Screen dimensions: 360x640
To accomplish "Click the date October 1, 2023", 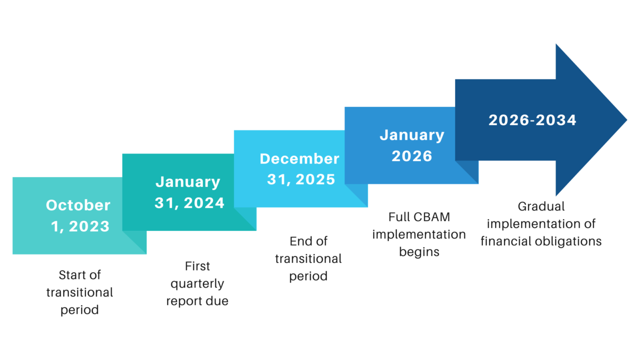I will tap(79, 215).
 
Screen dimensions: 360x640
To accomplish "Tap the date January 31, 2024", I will tap(188, 192).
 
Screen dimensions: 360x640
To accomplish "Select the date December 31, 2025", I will tap(300, 169).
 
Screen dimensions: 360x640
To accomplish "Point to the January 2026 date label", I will tap(411, 145).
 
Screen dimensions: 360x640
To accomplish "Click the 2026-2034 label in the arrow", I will tap(532, 120).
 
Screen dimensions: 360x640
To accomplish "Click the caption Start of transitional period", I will tap(79, 292).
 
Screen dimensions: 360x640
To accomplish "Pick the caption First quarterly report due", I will tap(197, 283).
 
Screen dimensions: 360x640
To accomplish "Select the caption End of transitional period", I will tap(308, 258).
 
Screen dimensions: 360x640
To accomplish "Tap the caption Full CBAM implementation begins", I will tap(419, 234).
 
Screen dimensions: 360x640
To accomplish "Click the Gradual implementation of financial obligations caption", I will tap(541, 223).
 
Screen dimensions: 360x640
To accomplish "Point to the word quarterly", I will tap(197, 283).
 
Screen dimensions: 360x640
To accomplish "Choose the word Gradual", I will tap(541, 206).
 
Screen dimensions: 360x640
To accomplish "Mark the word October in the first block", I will tap(78, 205).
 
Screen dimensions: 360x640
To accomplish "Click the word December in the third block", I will tap(299, 158).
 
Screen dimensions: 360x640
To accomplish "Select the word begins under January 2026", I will tap(419, 251).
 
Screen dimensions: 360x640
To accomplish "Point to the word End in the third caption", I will tap(298, 241).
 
